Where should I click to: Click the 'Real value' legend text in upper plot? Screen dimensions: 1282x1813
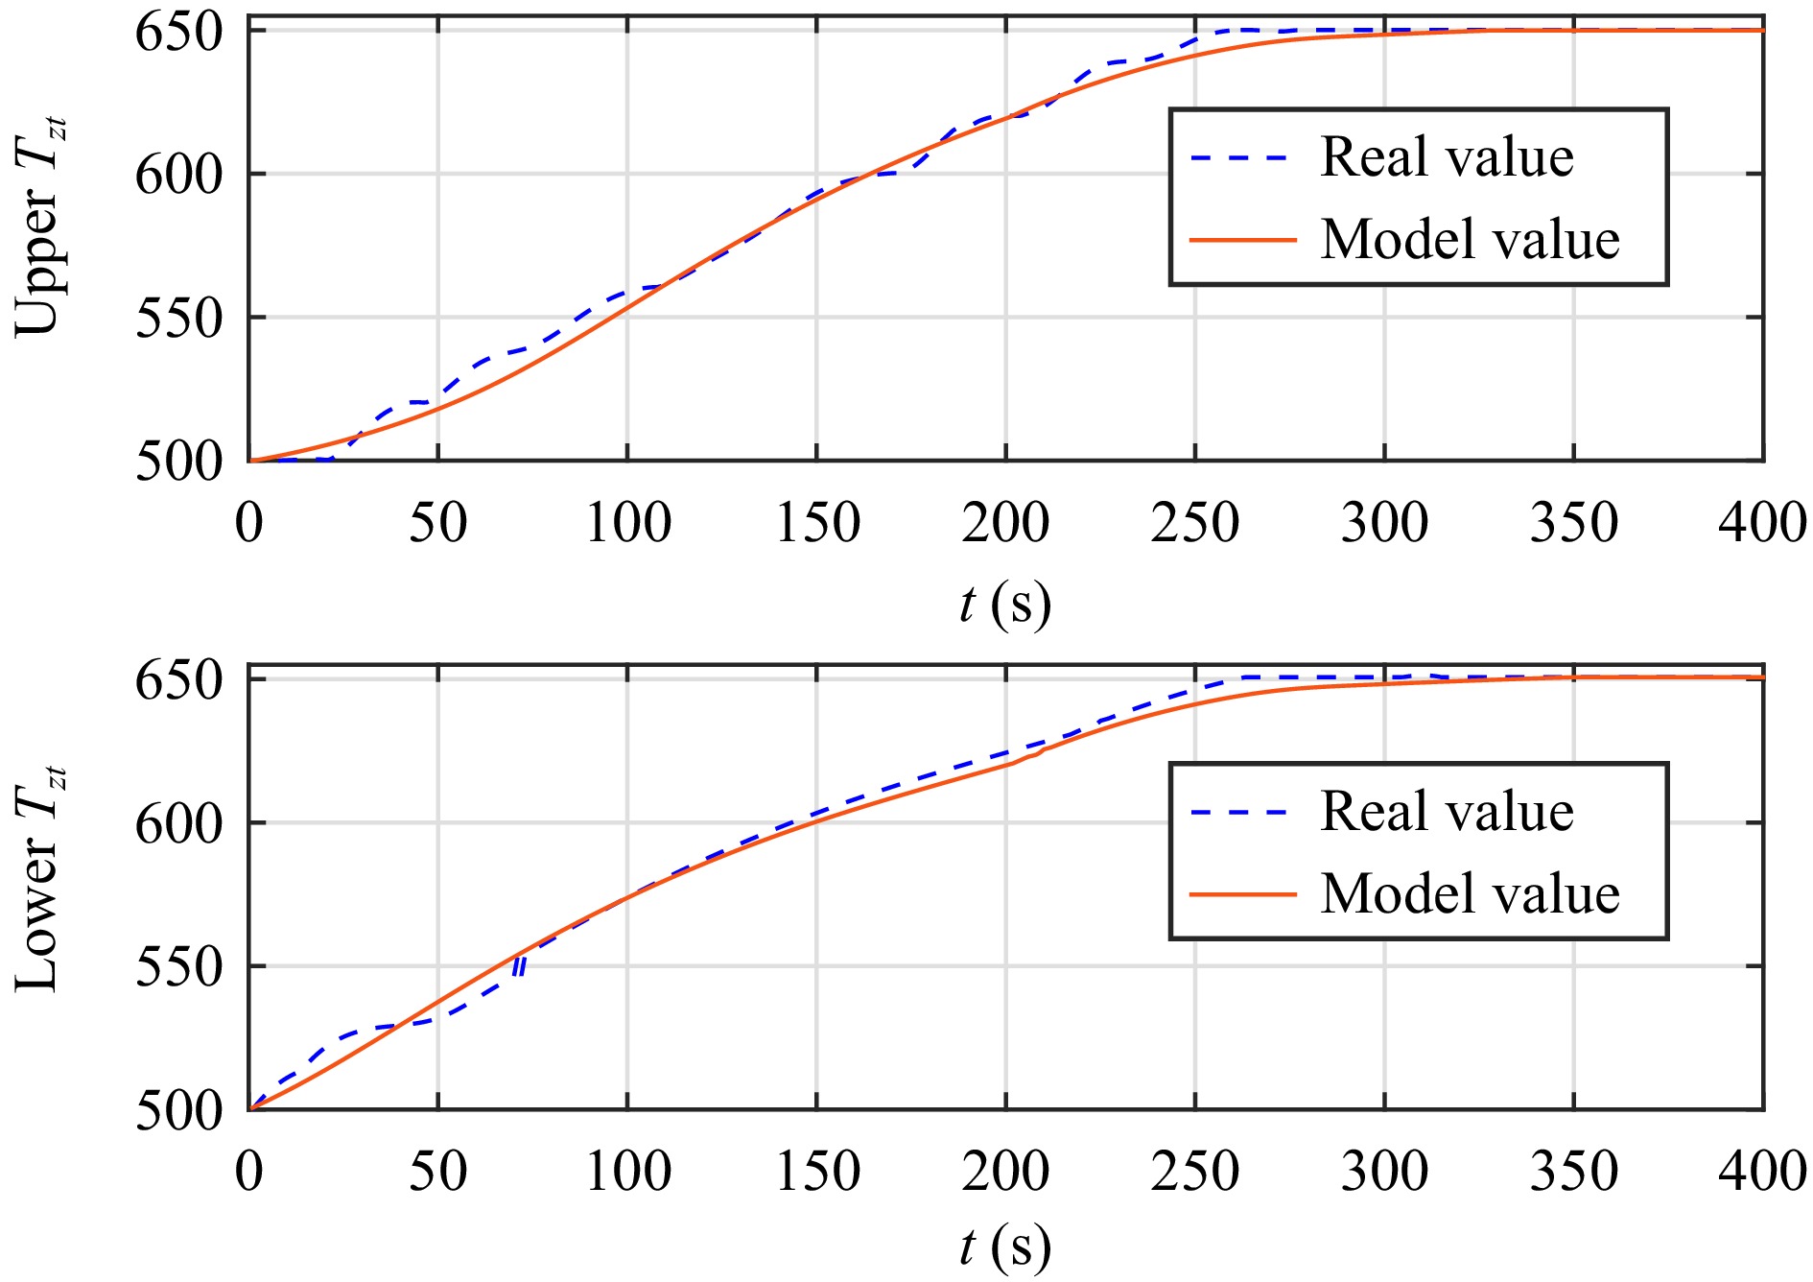point(1447,157)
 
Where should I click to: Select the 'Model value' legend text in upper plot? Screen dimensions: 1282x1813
point(1470,239)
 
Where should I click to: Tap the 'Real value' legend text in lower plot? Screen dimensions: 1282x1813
point(1447,812)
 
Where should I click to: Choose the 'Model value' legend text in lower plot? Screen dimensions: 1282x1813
point(1470,893)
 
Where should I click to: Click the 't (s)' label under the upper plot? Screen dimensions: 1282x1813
point(1004,605)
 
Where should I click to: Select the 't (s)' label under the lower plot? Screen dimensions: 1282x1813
point(1004,1247)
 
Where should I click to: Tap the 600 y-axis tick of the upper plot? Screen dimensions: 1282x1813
point(178,175)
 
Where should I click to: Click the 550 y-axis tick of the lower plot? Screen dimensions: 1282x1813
point(178,967)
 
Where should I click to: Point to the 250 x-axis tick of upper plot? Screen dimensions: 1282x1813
point(1194,524)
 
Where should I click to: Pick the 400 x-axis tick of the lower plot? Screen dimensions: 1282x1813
point(1762,1172)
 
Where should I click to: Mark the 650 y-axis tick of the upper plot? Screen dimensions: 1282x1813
point(178,33)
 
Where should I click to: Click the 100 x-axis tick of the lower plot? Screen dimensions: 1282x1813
point(627,1172)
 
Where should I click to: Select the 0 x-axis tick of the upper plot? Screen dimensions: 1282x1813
point(249,524)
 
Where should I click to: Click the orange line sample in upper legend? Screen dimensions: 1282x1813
point(1242,240)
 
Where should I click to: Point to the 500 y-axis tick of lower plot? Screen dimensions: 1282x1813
point(178,1111)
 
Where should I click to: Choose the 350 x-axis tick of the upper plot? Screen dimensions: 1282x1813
point(1573,524)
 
